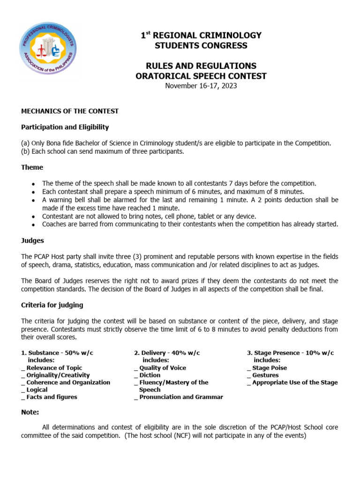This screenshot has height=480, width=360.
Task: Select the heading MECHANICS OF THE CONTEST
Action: pyautogui.click(x=70, y=111)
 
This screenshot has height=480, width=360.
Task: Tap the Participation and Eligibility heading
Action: pyautogui.click(x=65, y=127)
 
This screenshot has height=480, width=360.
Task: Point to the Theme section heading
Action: pyautogui.click(x=32, y=167)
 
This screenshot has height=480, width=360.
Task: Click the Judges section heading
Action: pyautogui.click(x=33, y=240)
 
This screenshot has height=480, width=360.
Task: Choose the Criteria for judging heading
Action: pyautogui.click(x=52, y=305)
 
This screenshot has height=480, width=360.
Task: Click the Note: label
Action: pyautogui.click(x=30, y=412)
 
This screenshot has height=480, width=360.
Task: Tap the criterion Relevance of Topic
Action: pyautogui.click(x=54, y=368)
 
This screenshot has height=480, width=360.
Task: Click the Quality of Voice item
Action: pyautogui.click(x=162, y=368)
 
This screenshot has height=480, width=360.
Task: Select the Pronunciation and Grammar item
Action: pyautogui.click(x=181, y=397)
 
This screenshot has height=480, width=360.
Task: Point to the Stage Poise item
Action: pyautogui.click(x=270, y=368)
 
